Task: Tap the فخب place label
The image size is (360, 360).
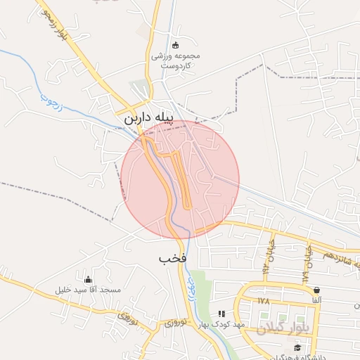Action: coord(172,258)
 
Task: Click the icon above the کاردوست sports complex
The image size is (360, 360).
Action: coord(175,44)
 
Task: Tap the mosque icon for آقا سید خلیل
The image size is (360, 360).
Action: coord(88,279)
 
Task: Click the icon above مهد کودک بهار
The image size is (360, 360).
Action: coord(221,314)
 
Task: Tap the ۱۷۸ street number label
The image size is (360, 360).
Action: coord(263,301)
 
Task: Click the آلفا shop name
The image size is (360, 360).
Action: coord(316,300)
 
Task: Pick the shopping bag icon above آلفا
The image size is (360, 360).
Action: coord(316,290)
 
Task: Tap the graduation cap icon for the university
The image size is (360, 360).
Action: coord(297,347)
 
